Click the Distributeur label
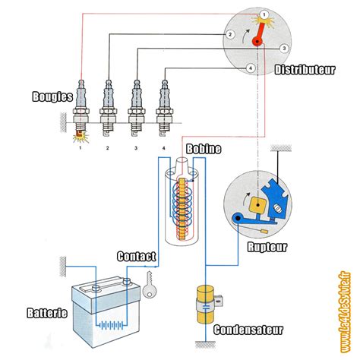(305, 70)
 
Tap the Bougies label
(52, 96)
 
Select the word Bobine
(204, 149)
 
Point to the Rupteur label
(267, 247)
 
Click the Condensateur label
(248, 330)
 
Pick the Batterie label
(47, 313)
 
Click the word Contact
(137, 257)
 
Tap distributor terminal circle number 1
(264, 15)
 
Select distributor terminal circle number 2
(230, 34)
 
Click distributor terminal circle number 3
(284, 48)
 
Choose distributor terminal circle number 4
(251, 68)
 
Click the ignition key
(150, 285)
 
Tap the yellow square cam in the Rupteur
(257, 204)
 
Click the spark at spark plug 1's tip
(81, 137)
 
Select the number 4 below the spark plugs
(164, 148)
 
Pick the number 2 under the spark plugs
(107, 148)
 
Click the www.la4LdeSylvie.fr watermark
(346, 312)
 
